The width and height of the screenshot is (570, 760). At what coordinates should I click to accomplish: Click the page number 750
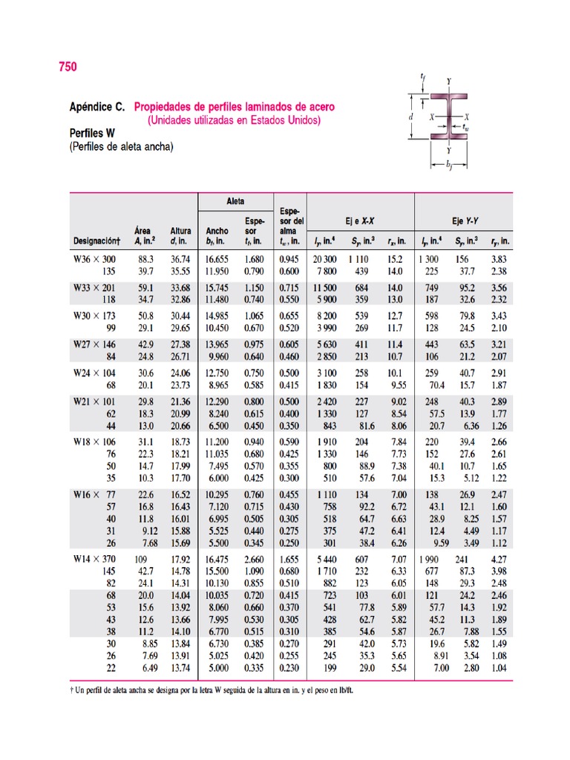coord(68,68)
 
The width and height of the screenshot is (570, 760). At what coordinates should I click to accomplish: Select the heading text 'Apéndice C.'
coord(97,107)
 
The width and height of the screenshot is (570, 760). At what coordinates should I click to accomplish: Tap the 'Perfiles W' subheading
coord(93,134)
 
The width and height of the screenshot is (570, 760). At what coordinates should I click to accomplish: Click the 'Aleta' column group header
coord(235,201)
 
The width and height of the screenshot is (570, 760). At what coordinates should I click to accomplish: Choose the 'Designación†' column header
coord(96,240)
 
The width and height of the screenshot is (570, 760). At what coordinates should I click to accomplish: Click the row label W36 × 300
coord(94,259)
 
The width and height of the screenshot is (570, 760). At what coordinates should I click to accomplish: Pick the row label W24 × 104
coord(94,373)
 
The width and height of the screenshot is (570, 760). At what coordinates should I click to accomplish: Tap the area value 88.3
coord(145,259)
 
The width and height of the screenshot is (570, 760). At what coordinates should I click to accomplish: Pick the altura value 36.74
coord(181,259)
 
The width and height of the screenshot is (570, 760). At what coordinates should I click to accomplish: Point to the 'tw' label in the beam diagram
coord(465,127)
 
